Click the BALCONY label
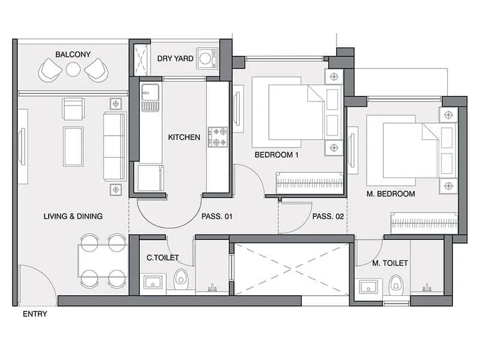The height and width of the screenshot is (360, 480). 73,55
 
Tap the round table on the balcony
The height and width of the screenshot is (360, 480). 73,70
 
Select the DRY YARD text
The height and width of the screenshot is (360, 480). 175,59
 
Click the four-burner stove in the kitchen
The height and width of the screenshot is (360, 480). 217,137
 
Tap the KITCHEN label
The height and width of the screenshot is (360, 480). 184,137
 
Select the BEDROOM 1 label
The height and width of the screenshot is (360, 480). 277,155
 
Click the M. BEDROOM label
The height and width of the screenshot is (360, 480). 391,194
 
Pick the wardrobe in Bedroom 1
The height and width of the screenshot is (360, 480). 308,182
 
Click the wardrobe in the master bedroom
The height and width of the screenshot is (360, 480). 424,223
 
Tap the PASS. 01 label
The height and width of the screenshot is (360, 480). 217,217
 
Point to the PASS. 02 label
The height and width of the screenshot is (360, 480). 328,217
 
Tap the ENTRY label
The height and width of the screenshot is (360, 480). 34,314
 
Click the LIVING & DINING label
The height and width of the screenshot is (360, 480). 73,217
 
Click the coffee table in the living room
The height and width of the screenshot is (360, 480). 73,146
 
